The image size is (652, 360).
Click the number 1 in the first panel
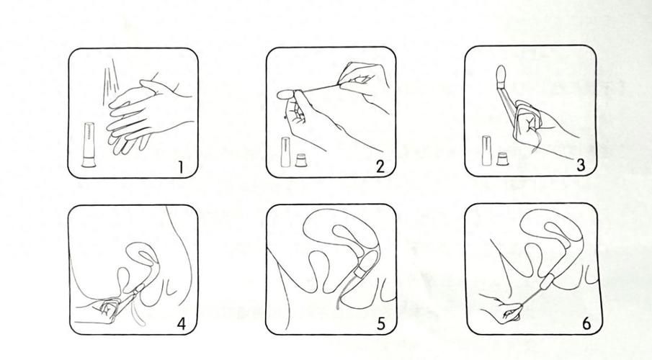(x=180, y=167)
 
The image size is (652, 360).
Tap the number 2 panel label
(x=380, y=167)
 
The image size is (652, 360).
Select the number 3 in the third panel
(x=581, y=165)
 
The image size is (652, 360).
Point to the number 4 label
(x=182, y=323)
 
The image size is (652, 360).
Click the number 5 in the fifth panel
(x=381, y=323)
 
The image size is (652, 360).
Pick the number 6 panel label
(x=586, y=323)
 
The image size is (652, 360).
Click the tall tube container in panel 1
(x=89, y=145)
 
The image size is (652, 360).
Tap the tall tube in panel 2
(x=286, y=152)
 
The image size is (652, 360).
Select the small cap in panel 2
(x=300, y=161)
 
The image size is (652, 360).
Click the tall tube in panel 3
(x=486, y=150)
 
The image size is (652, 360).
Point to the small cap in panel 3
(x=502, y=159)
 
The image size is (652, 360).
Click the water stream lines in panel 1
(x=109, y=82)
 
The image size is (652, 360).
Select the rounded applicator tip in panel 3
(x=501, y=75)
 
